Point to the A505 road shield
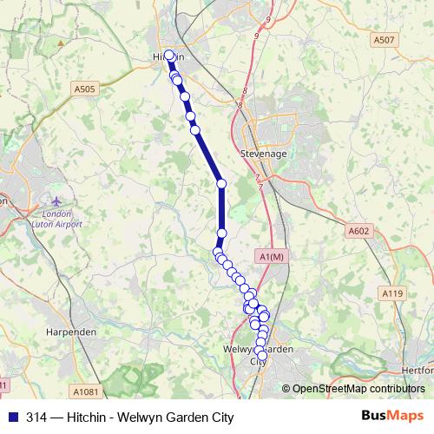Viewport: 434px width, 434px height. pos(85,88)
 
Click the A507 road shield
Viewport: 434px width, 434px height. pos(383,39)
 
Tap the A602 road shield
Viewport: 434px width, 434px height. pos(358,231)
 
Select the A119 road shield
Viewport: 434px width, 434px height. pos(393,294)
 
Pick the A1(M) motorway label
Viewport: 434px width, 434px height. pos(271,257)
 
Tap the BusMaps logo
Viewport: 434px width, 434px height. pos(391,417)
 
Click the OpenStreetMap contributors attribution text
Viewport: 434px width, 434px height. pos(358,390)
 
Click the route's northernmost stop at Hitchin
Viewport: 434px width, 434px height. pos(169,56)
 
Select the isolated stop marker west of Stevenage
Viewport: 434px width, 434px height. pos(221,183)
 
